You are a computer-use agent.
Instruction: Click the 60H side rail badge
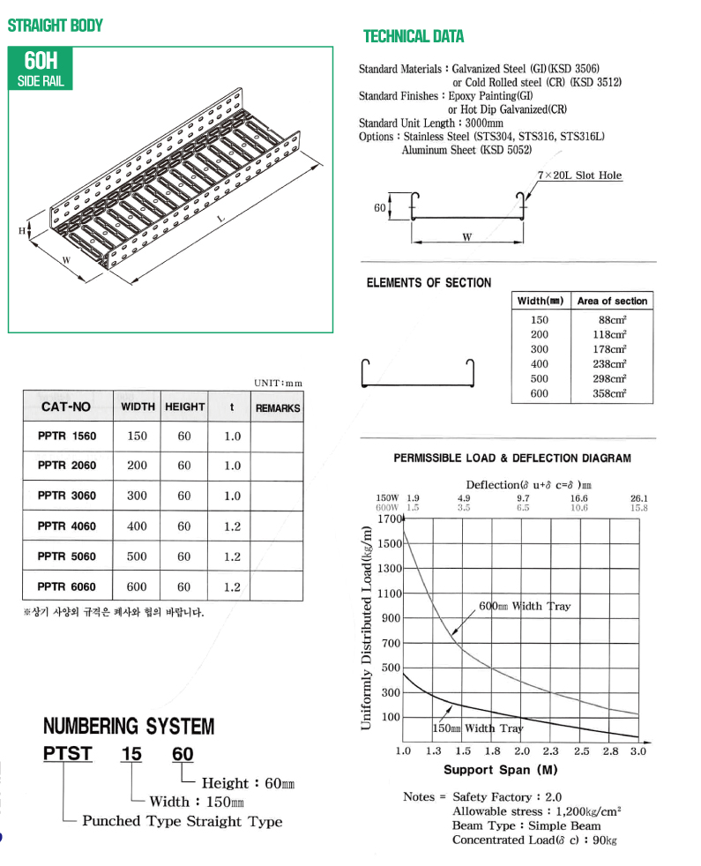[41, 70]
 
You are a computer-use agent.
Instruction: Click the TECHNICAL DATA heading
[414, 36]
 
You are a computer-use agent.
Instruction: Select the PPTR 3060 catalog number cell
[67, 496]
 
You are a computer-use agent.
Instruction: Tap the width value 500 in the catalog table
[138, 556]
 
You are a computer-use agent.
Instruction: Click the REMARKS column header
[277, 407]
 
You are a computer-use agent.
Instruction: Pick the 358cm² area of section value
[611, 393]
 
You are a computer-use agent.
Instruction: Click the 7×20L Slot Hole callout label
[579, 175]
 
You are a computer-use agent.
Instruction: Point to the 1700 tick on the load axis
[389, 519]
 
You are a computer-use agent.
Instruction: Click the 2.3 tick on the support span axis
[550, 751]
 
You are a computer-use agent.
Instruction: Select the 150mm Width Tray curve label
[477, 728]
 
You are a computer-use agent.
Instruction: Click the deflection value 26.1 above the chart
[639, 498]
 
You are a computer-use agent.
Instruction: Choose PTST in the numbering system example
[68, 754]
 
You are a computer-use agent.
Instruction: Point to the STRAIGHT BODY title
[55, 26]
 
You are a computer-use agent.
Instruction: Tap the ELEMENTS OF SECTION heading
[429, 283]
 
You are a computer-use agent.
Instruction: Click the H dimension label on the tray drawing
[22, 231]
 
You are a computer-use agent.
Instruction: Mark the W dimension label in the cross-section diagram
[466, 237]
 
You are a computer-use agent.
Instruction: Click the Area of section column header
[611, 301]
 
